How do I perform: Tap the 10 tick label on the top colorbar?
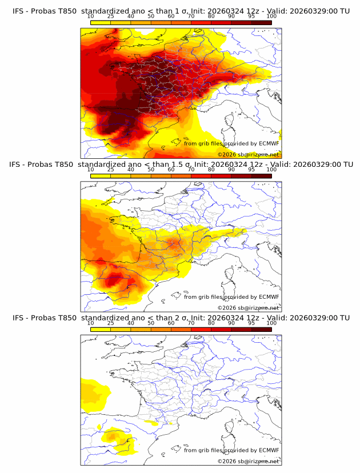(x=91, y=17)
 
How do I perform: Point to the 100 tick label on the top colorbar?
(x=271, y=17)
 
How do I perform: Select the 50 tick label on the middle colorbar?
(x=151, y=170)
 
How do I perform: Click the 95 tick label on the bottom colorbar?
(x=251, y=323)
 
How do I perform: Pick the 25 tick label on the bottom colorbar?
(x=111, y=323)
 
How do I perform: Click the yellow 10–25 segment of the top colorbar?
(x=101, y=22)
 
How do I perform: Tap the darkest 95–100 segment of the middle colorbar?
(x=261, y=175)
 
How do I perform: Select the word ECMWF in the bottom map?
(x=269, y=450)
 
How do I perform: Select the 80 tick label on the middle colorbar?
(x=211, y=170)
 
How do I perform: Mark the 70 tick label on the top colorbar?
(x=191, y=17)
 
